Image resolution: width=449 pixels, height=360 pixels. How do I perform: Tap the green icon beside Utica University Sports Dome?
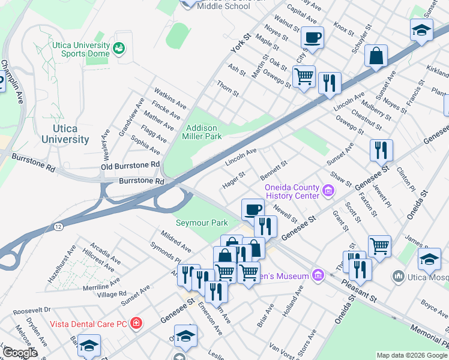119,48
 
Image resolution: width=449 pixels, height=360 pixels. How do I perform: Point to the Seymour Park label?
202,223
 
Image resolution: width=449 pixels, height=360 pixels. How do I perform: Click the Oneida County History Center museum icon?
328,191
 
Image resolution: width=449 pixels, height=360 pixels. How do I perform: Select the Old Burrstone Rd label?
130,164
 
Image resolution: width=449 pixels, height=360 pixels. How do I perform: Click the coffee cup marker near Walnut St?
312,37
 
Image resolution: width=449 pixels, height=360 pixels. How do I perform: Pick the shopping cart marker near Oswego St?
304,76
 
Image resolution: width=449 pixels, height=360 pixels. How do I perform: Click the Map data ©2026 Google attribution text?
412,355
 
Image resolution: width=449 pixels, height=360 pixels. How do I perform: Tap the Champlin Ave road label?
12,82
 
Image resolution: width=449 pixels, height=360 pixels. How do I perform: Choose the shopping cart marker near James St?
379,245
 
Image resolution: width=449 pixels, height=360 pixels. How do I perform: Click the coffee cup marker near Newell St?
253,209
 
